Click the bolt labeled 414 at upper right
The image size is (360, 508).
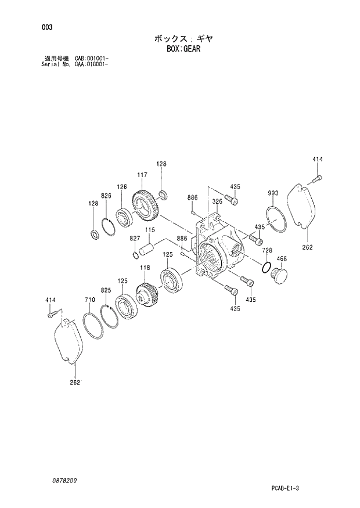coord(317,180)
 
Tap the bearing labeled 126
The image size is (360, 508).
coord(125,215)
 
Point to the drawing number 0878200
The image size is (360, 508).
coord(63,481)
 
